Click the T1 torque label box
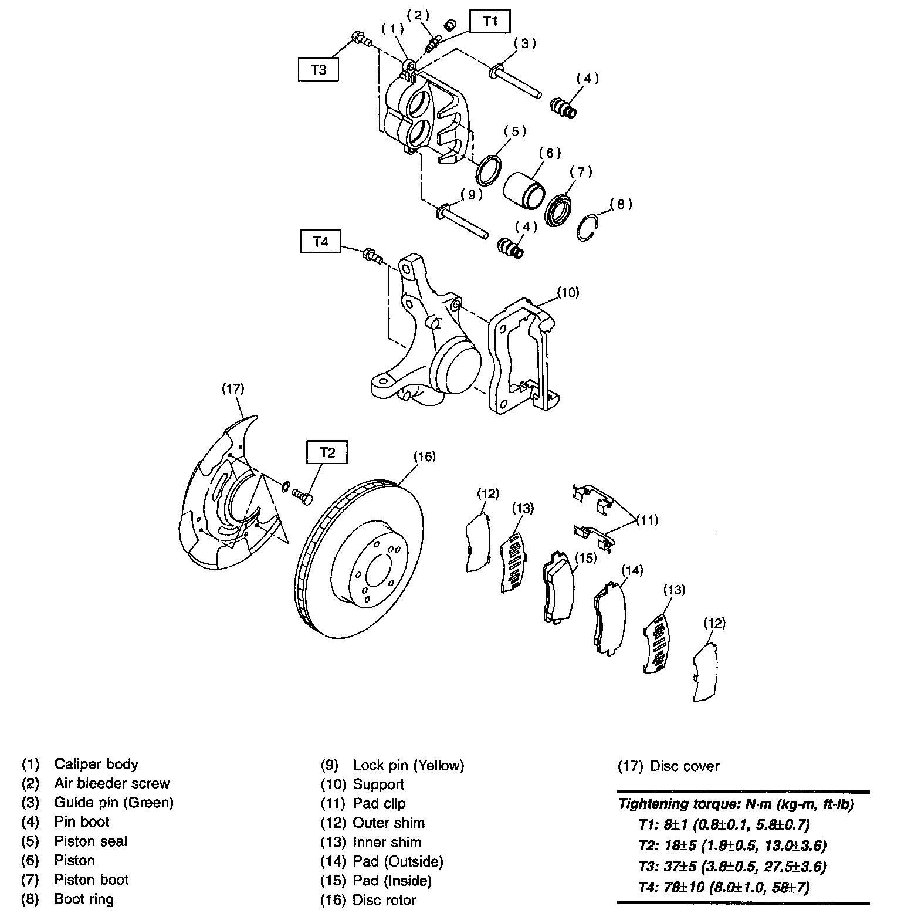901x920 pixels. [490, 22]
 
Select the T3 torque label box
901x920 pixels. [319, 69]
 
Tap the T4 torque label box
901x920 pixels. [320, 242]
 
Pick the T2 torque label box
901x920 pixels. [327, 452]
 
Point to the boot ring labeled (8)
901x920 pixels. [589, 228]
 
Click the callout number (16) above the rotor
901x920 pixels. [425, 456]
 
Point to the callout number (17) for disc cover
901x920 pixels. [233, 388]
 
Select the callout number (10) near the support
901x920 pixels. [567, 292]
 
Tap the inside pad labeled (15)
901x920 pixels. [558, 587]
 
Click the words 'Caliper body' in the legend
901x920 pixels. [96, 764]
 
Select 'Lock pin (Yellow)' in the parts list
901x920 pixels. [408, 765]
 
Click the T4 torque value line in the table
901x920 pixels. [724, 887]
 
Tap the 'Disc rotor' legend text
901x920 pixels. [384, 900]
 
